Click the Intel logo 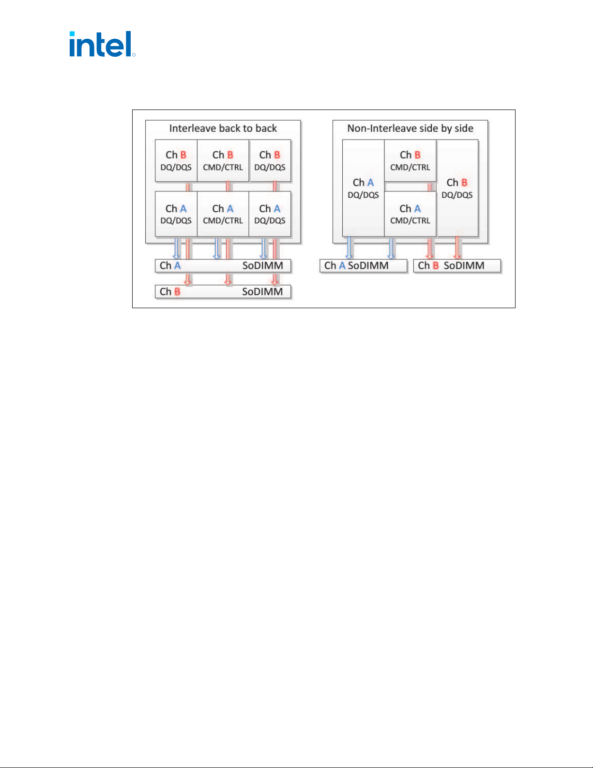pos(102,44)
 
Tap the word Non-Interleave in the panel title pos(384,128)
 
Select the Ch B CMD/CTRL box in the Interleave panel pos(223,161)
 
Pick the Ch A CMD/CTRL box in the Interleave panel pos(223,214)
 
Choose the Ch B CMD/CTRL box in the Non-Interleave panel pos(410,161)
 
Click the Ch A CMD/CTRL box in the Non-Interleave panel pos(410,214)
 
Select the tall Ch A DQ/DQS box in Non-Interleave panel pos(363,188)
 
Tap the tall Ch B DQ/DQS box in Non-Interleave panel pos(457,188)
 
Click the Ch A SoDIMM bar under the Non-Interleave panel pos(364,266)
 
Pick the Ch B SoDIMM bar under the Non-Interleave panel pos(457,266)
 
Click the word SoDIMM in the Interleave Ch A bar pos(262,266)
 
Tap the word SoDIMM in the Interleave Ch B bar pos(262,292)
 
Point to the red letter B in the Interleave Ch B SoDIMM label pos(177,292)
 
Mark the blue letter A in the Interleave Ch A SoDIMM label pos(177,266)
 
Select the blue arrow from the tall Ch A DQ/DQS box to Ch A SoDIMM pos(349,248)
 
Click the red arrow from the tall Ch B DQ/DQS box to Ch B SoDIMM pos(457,248)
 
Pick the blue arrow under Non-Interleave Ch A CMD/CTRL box pos(391,248)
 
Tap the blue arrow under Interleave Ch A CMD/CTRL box pos(217,248)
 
